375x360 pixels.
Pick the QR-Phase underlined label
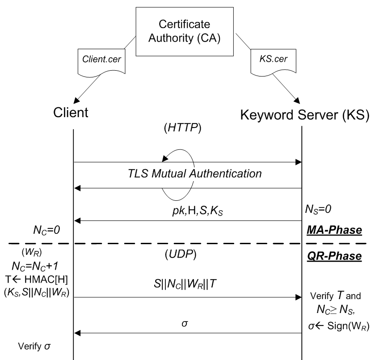click(334, 257)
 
